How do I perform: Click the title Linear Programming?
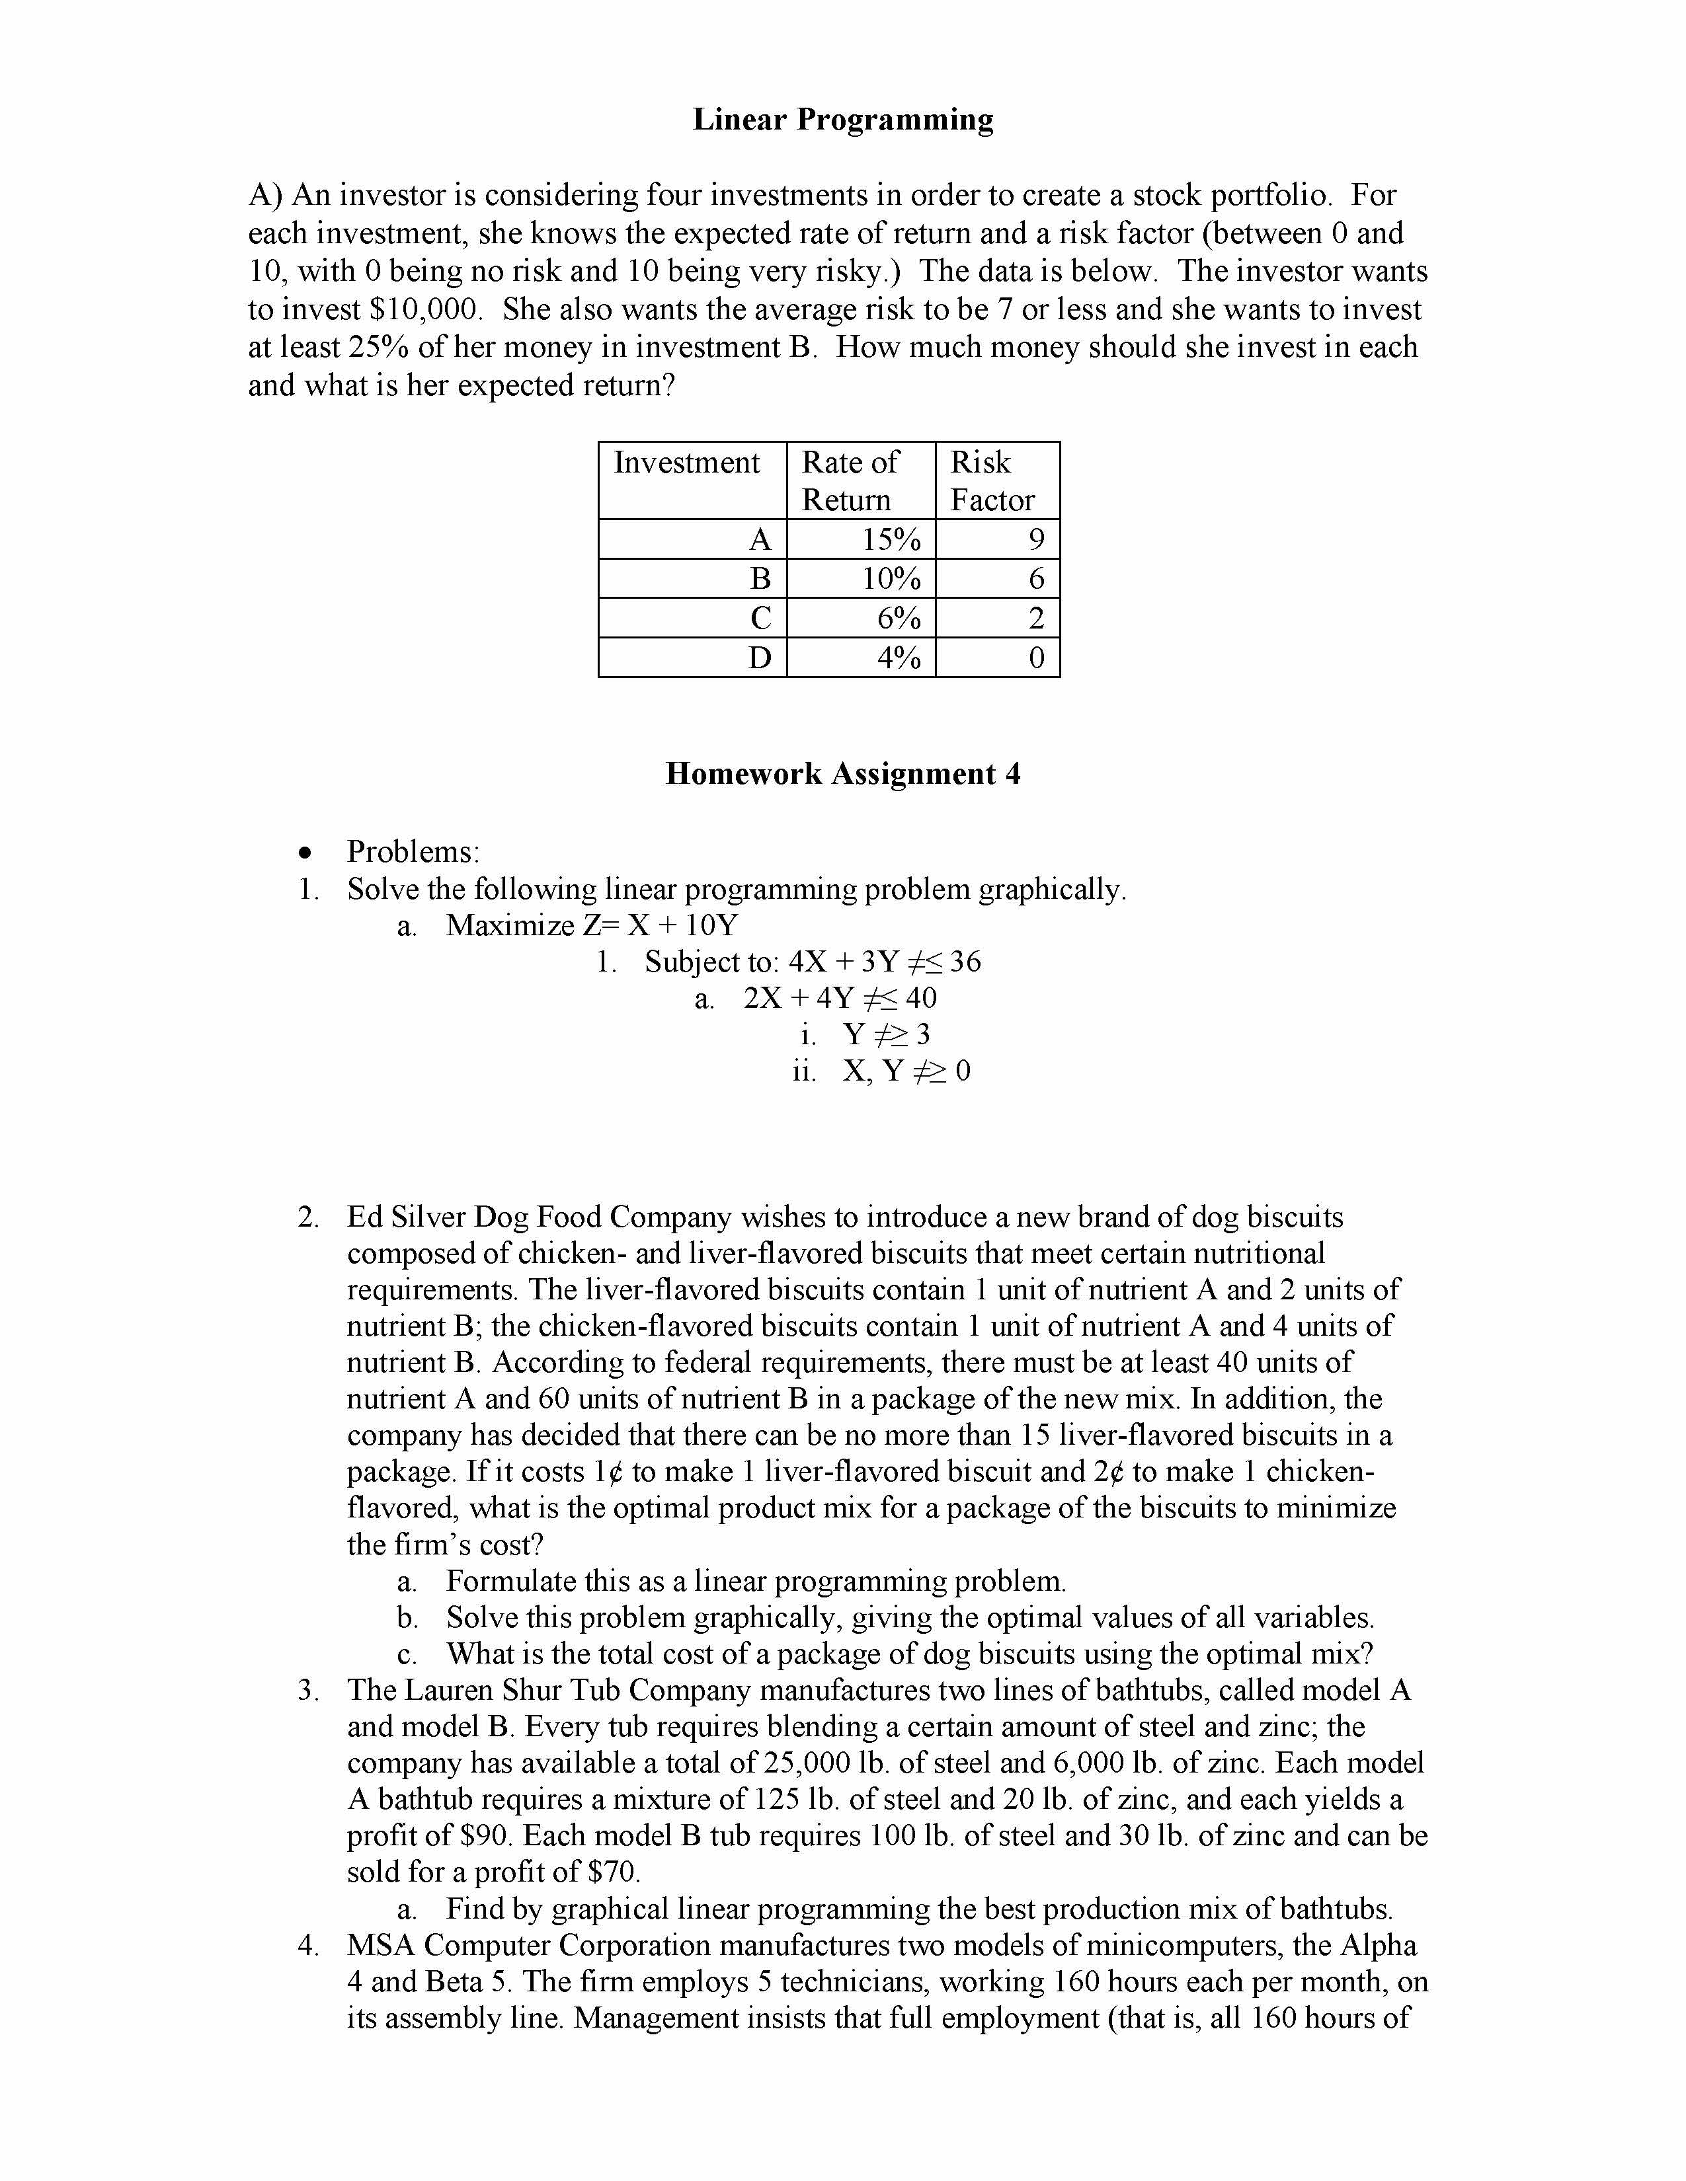(x=843, y=120)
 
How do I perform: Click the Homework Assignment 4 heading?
(x=843, y=774)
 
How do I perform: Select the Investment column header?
(x=686, y=463)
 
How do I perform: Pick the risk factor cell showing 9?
(x=1036, y=540)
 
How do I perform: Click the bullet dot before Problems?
(x=305, y=853)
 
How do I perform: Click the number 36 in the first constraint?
(x=965, y=962)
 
